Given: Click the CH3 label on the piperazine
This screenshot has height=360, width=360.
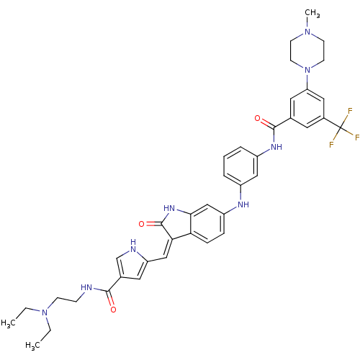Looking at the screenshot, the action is [x=312, y=13].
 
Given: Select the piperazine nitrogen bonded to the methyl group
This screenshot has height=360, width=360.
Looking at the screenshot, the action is [x=307, y=32].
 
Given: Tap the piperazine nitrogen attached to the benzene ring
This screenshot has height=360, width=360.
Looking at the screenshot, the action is [x=307, y=70].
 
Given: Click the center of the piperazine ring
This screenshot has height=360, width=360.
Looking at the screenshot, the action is [x=307, y=50].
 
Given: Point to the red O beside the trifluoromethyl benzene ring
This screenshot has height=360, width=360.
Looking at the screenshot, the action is [x=257, y=118].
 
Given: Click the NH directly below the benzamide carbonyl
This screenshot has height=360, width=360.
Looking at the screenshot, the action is [x=276, y=147].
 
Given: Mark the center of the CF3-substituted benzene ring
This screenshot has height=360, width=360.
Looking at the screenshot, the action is [x=307, y=109].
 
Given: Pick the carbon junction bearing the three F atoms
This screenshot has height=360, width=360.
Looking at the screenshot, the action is [x=341, y=127].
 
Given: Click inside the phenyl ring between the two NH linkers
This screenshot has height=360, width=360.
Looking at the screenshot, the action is [x=240, y=166].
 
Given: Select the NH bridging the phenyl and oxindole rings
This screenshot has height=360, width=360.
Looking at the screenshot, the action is [x=243, y=204].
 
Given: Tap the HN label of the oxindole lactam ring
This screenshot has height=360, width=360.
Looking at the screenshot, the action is [x=169, y=208].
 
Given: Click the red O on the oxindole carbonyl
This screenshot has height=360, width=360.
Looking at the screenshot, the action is [x=142, y=224].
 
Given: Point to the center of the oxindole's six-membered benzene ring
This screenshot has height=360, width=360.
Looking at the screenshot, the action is [x=207, y=224].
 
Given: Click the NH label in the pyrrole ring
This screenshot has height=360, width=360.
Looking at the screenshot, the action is [x=132, y=246].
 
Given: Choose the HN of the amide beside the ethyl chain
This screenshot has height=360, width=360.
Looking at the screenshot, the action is [x=86, y=287].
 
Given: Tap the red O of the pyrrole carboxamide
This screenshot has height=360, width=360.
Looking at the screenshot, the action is [x=113, y=310].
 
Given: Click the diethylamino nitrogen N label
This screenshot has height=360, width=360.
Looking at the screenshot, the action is [x=45, y=312].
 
